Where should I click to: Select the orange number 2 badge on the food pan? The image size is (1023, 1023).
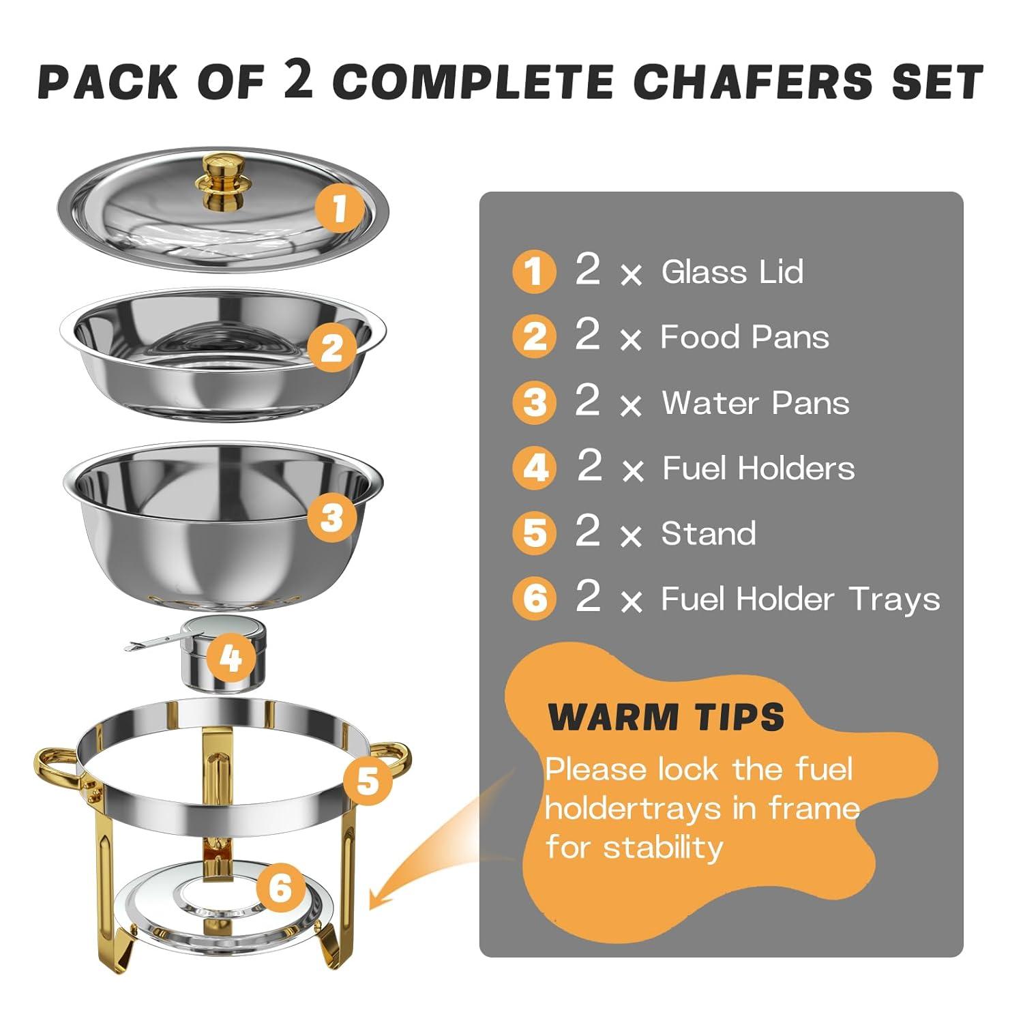(331, 349)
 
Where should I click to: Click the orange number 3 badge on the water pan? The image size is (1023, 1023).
(331, 518)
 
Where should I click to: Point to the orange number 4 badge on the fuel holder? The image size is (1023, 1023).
(231, 658)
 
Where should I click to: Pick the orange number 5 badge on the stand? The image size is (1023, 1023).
(368, 780)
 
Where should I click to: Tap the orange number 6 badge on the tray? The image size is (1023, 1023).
(280, 887)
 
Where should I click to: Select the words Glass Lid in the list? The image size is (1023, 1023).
(732, 271)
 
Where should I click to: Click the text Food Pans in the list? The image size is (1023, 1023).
(744, 337)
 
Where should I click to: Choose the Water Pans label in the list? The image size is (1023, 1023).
(756, 402)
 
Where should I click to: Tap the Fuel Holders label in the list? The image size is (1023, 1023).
(758, 468)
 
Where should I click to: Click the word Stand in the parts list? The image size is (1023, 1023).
(709, 533)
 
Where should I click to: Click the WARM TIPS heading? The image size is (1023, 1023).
(666, 717)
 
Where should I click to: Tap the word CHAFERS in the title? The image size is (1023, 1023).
(752, 82)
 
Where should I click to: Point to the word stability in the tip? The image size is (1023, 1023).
(663, 848)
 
